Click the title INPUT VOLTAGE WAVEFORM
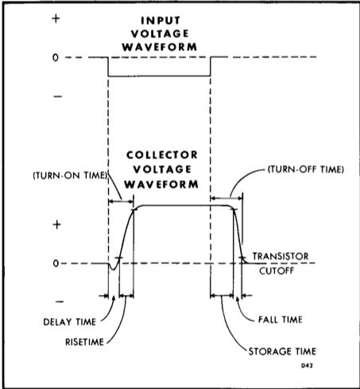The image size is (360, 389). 160,33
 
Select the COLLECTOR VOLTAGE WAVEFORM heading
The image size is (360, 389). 161,169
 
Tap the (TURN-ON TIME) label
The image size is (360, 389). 71,176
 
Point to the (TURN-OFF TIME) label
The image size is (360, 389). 306,169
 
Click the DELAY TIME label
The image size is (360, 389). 70,322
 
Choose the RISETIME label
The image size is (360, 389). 84,342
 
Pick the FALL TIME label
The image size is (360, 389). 281,320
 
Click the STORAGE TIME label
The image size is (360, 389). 282,352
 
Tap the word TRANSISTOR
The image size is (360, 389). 281,256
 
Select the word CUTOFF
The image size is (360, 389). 277,271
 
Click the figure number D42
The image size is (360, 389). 307,366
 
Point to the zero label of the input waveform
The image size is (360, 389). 56,57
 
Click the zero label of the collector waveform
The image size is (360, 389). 56,263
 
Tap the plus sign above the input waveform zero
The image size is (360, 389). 56,18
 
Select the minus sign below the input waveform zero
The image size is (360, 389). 58,96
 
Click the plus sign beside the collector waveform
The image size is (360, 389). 57,225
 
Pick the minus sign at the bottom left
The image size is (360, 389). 60,301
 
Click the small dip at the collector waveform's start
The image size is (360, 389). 114,268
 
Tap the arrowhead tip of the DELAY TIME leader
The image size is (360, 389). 114,297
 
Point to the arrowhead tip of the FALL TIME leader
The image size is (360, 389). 237,297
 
